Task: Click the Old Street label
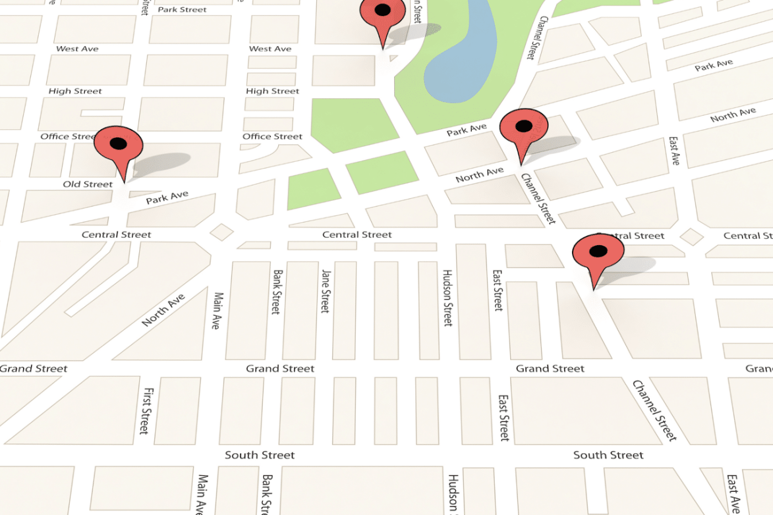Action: pyautogui.click(x=87, y=184)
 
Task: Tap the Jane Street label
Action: pyautogui.click(x=326, y=291)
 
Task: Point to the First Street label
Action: pyautogui.click(x=146, y=411)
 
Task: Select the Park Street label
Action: pyautogui.click(x=182, y=9)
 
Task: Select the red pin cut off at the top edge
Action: pyautogui.click(x=383, y=17)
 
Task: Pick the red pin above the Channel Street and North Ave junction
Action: pyautogui.click(x=523, y=130)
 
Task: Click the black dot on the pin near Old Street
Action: pyautogui.click(x=118, y=144)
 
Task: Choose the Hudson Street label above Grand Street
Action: pyautogui.click(x=448, y=298)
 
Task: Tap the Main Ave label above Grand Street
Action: pyautogui.click(x=218, y=310)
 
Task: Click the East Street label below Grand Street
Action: pyautogui.click(x=504, y=417)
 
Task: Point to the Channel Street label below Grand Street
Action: pyautogui.click(x=654, y=410)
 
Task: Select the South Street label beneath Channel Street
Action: pyautogui.click(x=608, y=455)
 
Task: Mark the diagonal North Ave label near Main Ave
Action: pyautogui.click(x=163, y=310)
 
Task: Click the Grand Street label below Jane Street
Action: pyautogui.click(x=280, y=368)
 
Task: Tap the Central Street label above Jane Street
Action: pyautogui.click(x=357, y=235)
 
